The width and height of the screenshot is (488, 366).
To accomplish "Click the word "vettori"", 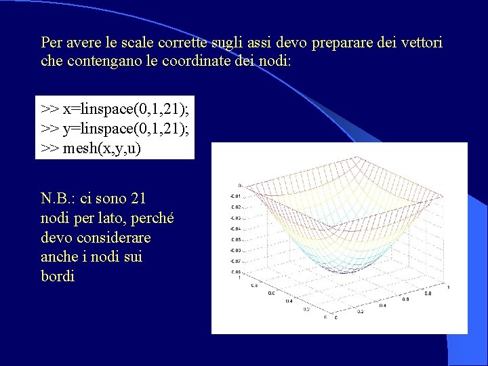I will pos(421,43).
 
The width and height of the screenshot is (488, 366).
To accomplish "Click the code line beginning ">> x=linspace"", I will pos(114,108).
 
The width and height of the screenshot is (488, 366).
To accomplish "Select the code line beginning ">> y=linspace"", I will pos(114,128).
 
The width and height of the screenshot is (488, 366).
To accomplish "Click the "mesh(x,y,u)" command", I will pos(102,148).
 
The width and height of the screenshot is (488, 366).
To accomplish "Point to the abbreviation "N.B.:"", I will pos(58,199).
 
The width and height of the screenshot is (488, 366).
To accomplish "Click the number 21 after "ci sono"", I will pos(138,199).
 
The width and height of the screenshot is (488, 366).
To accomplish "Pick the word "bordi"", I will pos(58,277).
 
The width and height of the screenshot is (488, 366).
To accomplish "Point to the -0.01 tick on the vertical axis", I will pos(235,197).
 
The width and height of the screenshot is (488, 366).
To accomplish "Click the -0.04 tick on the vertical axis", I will pos(235,228).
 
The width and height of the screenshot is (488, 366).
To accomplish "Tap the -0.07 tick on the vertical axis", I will pos(235,261).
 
